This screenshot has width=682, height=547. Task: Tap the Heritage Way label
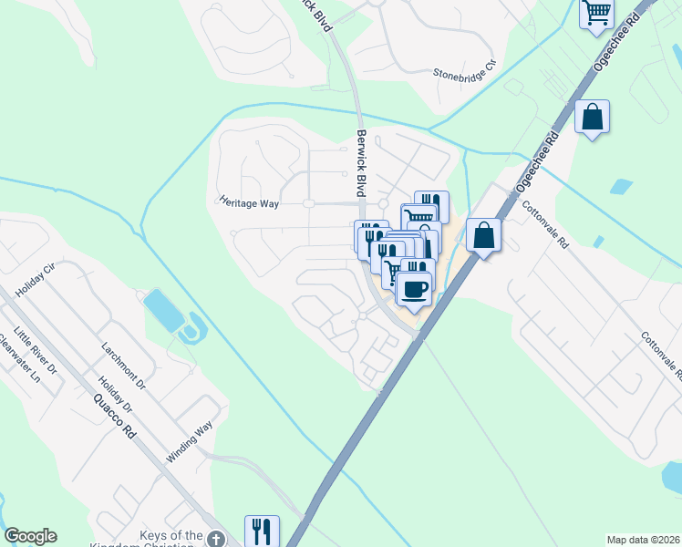248,202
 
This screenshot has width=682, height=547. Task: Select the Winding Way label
189,441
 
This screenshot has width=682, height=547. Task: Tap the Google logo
30,536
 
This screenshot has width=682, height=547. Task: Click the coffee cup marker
414,288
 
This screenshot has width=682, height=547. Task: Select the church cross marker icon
215,538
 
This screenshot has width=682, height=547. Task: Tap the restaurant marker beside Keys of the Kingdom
262,531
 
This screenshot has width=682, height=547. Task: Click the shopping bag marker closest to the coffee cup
482,235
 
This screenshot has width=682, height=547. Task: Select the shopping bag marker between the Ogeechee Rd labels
593,117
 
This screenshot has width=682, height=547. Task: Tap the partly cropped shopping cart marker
596,14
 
